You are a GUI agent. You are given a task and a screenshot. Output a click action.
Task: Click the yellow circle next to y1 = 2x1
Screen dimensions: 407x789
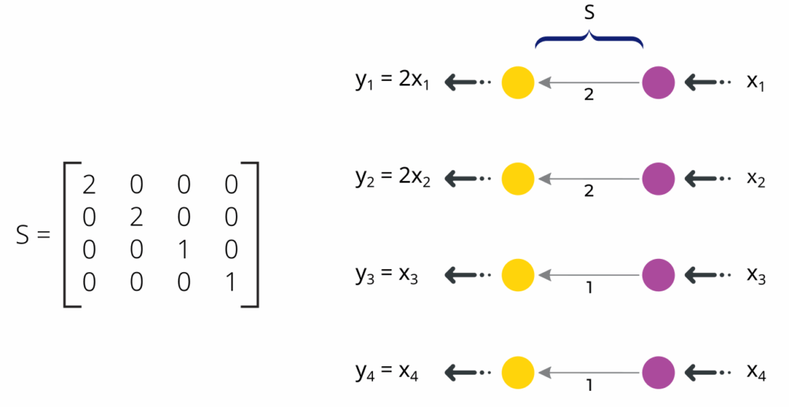[518, 82]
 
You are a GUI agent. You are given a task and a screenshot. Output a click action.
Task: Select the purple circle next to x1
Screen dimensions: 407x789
[658, 82]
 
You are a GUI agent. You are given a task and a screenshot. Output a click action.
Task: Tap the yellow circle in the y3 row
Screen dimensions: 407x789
[518, 274]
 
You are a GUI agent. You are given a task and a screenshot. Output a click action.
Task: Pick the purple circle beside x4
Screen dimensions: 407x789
[658, 372]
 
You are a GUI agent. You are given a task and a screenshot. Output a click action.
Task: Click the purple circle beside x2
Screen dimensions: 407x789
[658, 178]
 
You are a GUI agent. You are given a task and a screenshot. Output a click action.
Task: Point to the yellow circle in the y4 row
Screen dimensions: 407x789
[518, 372]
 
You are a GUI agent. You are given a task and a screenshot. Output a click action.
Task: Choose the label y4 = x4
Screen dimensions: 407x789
[387, 372]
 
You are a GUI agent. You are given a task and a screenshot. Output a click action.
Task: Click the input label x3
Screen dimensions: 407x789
[756, 274]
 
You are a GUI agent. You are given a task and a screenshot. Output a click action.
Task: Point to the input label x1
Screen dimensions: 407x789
[756, 82]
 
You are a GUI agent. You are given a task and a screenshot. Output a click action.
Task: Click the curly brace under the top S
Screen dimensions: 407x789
[589, 39]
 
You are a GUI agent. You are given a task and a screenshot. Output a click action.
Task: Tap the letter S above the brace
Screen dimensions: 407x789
[589, 13]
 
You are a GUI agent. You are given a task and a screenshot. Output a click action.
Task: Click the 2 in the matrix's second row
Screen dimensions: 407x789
[137, 217]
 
